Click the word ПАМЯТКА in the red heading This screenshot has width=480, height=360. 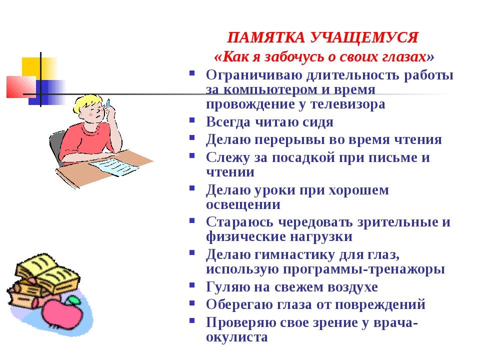[x=266, y=37]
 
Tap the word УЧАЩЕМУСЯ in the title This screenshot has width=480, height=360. [x=364, y=37]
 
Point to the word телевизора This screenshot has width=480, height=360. [x=348, y=104]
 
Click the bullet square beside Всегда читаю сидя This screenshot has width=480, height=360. [x=192, y=119]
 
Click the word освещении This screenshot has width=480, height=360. [x=243, y=205]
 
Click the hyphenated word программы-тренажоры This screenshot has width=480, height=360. [x=363, y=269]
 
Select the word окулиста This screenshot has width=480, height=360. [x=236, y=337]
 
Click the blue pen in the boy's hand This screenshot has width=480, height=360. [x=108, y=102]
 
